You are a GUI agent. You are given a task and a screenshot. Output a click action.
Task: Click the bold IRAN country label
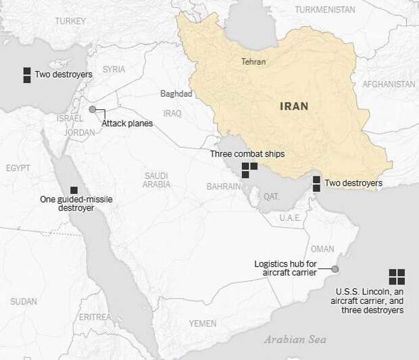pos(294,106)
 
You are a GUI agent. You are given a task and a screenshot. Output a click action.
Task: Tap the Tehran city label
pos(253,62)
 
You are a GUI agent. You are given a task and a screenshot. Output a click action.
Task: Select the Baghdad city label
pos(176,94)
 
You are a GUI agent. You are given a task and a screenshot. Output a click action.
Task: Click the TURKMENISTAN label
pos(325,9)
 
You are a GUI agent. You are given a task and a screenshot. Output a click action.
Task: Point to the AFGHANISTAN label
pos(389,84)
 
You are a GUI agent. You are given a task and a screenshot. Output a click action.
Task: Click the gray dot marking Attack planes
pos(93,109)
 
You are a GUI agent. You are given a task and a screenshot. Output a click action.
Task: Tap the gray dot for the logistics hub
pos(334,269)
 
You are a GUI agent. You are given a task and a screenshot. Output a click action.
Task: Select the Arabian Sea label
pos(295,340)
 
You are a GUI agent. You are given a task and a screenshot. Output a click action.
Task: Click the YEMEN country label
pos(203,324)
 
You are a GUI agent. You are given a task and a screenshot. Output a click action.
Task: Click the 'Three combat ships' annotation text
pos(247,154)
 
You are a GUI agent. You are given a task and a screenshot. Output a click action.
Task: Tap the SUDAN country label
pos(24,301)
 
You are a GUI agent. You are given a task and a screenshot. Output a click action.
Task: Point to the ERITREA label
pos(95,317)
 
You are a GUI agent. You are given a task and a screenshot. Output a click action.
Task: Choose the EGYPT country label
pos(19,168)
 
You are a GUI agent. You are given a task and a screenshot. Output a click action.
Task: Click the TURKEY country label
pos(70,22)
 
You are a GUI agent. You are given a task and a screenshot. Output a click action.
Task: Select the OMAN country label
pos(322,249)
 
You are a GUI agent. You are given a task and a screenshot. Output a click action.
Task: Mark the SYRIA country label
pos(114,70)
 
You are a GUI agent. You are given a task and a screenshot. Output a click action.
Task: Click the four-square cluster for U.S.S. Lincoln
pos(397,276)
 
